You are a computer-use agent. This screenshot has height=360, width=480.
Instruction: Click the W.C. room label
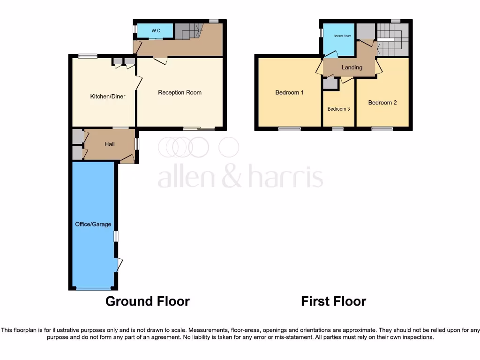pyautogui.click(x=156, y=31)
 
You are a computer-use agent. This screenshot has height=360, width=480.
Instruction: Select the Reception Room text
pyautogui.click(x=180, y=92)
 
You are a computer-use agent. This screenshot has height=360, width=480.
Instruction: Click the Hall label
pyautogui.click(x=110, y=144)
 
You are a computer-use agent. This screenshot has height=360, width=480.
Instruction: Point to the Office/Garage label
pyautogui.click(x=93, y=224)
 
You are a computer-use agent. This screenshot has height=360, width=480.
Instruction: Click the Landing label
pyautogui.click(x=352, y=67)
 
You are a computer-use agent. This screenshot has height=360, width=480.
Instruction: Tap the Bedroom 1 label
pyautogui.click(x=289, y=92)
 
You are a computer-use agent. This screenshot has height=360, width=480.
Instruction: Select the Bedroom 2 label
pyautogui.click(x=382, y=103)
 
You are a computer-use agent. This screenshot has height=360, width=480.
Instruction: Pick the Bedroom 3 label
pyautogui.click(x=338, y=109)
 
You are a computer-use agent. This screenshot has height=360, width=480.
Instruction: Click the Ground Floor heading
pyautogui.click(x=148, y=301)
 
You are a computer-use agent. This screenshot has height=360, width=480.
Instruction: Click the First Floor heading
pyautogui.click(x=333, y=301)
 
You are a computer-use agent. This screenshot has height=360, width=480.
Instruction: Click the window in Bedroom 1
pyautogui.click(x=289, y=128)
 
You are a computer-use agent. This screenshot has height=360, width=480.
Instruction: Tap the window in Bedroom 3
pyautogui.click(x=337, y=128)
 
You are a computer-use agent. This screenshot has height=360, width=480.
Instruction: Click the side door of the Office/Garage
pyautogui.click(x=119, y=265)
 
